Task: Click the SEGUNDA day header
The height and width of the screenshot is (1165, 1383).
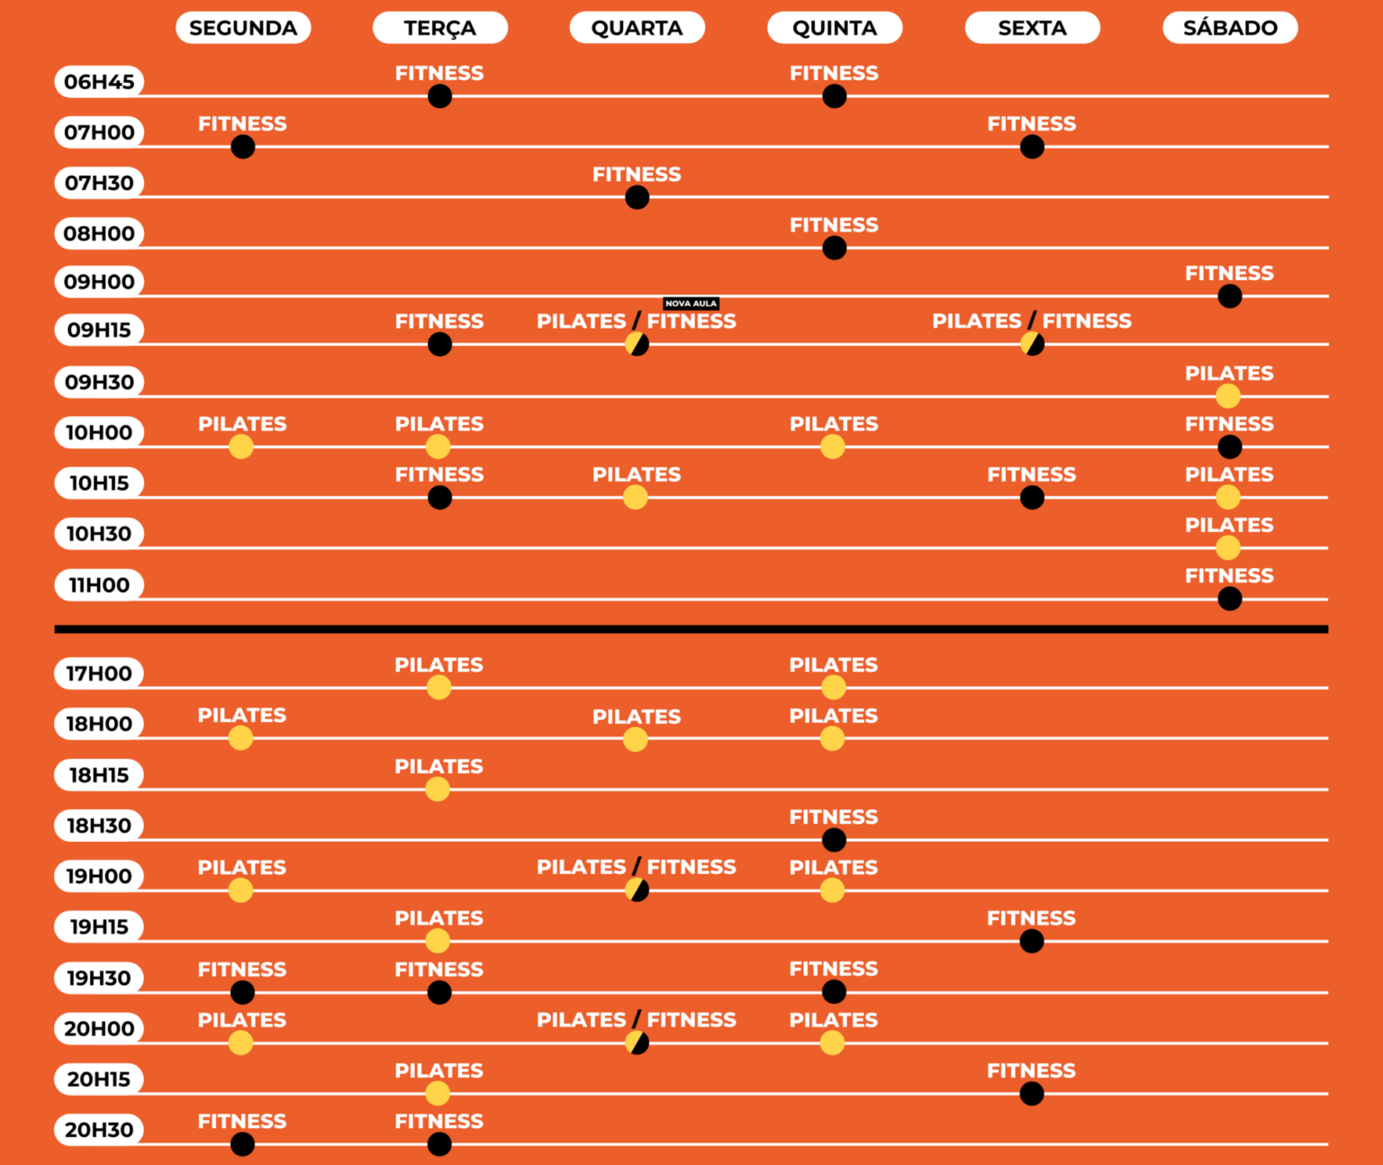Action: (x=243, y=28)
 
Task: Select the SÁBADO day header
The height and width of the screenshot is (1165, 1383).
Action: (x=1230, y=28)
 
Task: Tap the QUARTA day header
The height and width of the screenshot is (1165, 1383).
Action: (x=637, y=28)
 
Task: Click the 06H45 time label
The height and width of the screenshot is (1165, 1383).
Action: (x=99, y=82)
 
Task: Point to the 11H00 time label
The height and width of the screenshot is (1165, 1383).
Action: (x=99, y=585)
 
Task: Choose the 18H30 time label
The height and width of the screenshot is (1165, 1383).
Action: (x=99, y=826)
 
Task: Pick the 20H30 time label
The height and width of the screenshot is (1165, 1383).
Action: (x=99, y=1130)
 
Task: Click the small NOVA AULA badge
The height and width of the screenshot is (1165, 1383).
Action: (x=691, y=303)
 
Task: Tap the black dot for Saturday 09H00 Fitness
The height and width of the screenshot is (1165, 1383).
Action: (x=1229, y=296)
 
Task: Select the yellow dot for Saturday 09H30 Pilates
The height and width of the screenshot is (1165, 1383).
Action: (x=1228, y=396)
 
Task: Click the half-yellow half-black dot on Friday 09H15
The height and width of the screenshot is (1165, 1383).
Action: (x=1032, y=344)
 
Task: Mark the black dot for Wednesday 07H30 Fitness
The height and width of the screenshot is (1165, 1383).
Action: (x=637, y=197)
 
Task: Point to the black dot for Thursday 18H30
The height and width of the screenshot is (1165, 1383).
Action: (x=834, y=840)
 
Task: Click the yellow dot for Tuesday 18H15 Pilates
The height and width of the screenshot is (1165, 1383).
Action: (x=438, y=790)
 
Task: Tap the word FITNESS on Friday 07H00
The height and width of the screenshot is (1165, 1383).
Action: (x=1031, y=124)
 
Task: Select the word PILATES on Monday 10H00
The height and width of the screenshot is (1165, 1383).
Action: (x=242, y=424)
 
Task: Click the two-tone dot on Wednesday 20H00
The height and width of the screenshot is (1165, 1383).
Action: (x=637, y=1043)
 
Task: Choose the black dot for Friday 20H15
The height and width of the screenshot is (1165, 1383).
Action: (x=1032, y=1094)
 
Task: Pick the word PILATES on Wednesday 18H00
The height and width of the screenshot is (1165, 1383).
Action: (x=637, y=717)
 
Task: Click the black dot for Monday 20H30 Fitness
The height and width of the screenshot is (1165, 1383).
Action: (x=242, y=1144)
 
